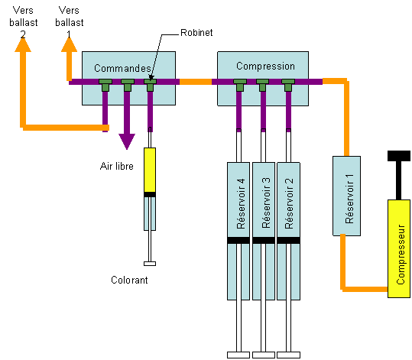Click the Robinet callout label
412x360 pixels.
(196, 33)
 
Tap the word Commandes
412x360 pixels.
(122, 68)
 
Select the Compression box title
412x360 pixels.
(265, 66)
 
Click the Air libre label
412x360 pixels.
(117, 166)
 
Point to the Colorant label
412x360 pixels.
(129, 280)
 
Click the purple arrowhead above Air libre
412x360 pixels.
(127, 141)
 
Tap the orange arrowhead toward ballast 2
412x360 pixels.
(23, 44)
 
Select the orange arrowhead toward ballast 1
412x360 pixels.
(69, 44)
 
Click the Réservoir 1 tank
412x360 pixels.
(346, 196)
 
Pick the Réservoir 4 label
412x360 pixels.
(241, 203)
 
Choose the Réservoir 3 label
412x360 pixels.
(266, 203)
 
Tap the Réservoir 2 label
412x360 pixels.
(289, 203)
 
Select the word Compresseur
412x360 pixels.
(401, 255)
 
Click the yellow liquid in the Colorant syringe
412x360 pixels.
(150, 170)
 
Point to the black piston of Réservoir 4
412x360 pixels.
(238, 240)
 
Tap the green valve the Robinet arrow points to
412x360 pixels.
(151, 85)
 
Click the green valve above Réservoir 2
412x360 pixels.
(288, 85)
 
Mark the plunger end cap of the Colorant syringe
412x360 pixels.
(150, 264)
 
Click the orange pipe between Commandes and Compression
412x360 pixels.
(196, 82)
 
